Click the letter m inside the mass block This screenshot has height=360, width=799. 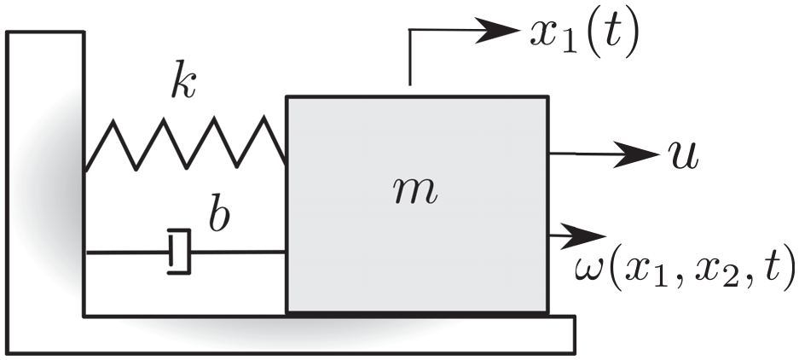pyautogui.click(x=416, y=192)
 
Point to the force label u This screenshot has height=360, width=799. pyautogui.click(x=683, y=156)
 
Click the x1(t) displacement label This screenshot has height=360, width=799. pyautogui.click(x=583, y=35)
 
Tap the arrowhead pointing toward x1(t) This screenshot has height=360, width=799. pyautogui.click(x=497, y=30)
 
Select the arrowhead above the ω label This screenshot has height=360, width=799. pyautogui.click(x=583, y=236)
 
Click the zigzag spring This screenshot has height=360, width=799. pyautogui.click(x=186, y=142)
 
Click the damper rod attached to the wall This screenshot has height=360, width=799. pyautogui.click(x=128, y=253)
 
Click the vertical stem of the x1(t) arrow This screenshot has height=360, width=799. pyautogui.click(x=409, y=57)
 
